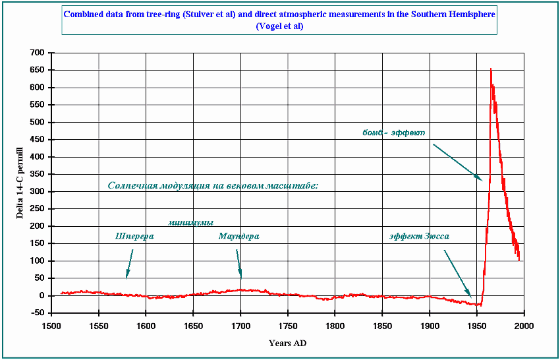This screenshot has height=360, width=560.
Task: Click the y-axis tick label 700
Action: [36, 53]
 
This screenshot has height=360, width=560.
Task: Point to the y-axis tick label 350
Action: [36, 174]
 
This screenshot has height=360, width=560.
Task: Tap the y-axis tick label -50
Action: [36, 313]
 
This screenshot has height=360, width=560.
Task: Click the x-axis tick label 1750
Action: [287, 326]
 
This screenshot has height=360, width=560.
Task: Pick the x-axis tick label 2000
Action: [524, 326]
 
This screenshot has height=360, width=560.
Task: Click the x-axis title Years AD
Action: [287, 343]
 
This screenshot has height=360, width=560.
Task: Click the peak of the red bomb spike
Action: [490, 69]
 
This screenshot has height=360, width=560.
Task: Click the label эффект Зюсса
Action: [419, 236]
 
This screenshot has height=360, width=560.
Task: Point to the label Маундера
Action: [238, 236]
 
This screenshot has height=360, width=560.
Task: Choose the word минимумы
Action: [190, 222]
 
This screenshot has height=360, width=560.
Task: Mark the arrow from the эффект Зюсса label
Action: [457, 273]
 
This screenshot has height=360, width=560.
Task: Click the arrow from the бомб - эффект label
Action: [458, 162]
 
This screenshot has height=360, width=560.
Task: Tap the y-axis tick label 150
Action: [36, 243]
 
